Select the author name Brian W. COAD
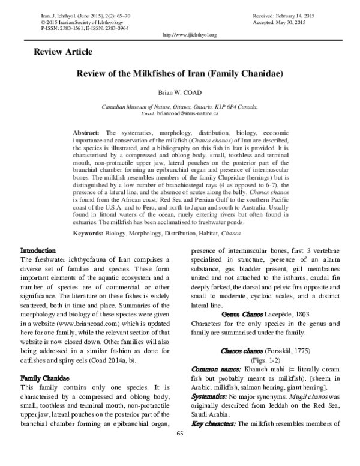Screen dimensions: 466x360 coord(179,94)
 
